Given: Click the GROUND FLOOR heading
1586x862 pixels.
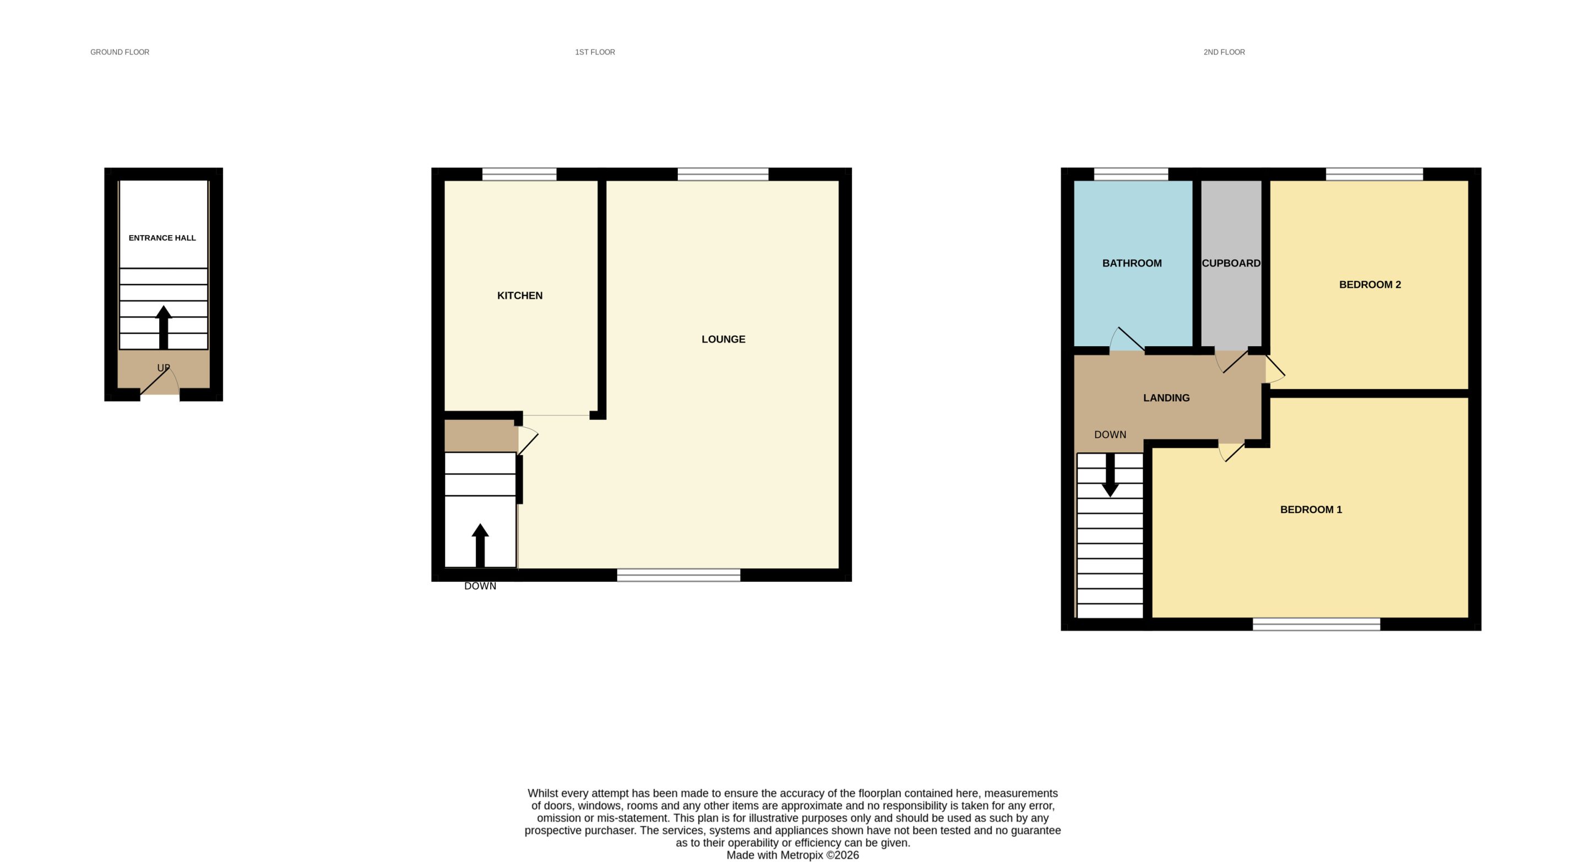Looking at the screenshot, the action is point(120,52).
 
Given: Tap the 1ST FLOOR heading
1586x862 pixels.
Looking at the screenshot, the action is point(595,52).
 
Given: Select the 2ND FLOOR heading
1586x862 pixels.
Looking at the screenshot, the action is point(1224,52).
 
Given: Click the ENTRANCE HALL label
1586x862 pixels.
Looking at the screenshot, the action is point(162,238).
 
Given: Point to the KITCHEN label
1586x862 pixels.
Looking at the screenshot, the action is point(520,296).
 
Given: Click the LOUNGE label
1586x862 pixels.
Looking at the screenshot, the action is point(724,340).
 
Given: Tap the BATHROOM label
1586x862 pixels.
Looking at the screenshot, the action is point(1132,263).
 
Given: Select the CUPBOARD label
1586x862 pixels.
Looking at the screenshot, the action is point(1231,263).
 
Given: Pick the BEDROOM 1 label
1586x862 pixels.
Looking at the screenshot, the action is point(1311,510).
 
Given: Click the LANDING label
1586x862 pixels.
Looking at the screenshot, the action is point(1166,398).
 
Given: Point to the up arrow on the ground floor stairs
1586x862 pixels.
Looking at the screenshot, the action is point(163,328).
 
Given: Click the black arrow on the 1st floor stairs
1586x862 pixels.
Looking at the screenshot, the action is point(480,545).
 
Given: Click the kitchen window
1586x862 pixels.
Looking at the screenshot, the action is point(519,174).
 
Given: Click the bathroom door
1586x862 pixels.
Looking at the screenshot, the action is point(1127,339).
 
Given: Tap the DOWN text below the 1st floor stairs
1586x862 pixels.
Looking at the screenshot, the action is point(480,586).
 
